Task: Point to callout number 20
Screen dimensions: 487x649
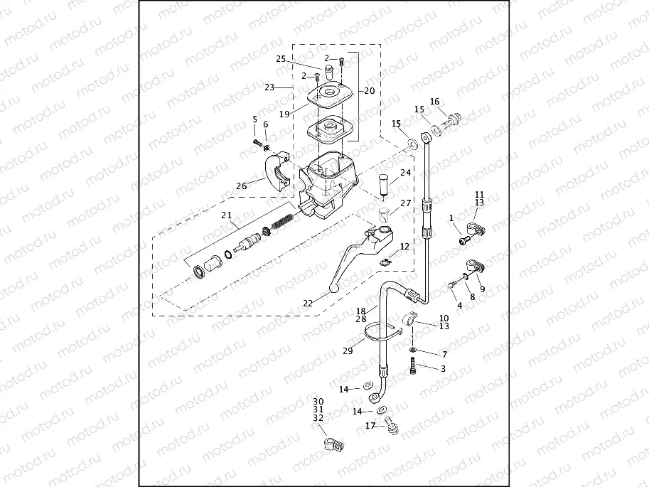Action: point(369,91)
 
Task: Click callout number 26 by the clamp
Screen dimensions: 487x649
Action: point(242,186)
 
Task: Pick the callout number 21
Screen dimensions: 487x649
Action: point(227,215)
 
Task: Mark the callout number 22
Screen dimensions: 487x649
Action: point(308,303)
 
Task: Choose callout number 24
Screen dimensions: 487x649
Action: point(405,173)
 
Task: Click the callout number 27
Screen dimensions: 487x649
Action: point(406,203)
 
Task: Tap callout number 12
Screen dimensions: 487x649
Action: point(404,247)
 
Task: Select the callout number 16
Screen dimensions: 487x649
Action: point(435,102)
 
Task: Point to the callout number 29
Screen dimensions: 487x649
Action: point(348,351)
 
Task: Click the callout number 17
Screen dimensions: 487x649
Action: point(370,426)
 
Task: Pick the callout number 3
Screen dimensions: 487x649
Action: point(443,368)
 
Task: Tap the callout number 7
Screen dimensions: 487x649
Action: point(444,354)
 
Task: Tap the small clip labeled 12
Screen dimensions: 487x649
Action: point(385,262)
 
